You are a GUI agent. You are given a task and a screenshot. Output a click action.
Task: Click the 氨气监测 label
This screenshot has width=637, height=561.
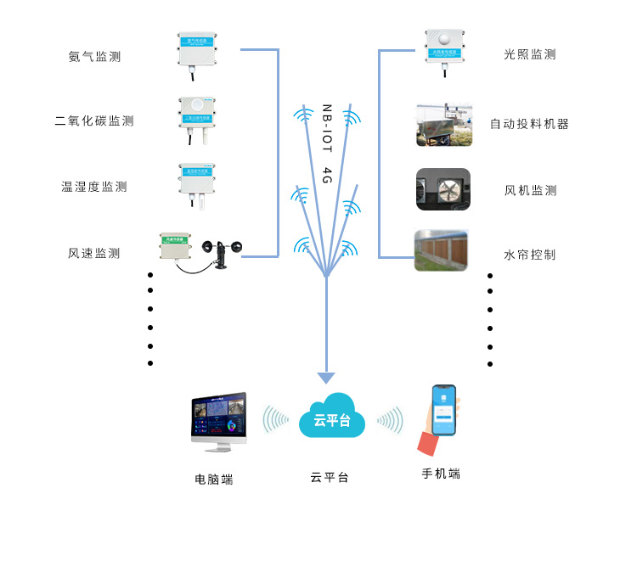(x=94, y=57)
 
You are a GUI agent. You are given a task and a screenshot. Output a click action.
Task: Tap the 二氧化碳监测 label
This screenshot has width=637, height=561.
(x=94, y=121)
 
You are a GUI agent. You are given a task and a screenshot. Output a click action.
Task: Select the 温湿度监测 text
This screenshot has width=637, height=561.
(x=94, y=187)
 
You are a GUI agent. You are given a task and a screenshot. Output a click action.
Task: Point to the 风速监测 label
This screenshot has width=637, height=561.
(x=94, y=253)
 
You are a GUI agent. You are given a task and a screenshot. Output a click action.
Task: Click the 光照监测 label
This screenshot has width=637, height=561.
(x=530, y=54)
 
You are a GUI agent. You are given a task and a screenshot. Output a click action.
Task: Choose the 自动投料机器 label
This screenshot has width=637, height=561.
(x=529, y=124)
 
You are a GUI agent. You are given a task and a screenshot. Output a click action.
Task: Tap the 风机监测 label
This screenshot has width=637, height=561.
(x=530, y=191)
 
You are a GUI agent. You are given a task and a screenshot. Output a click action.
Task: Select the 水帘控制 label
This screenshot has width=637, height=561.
(x=530, y=254)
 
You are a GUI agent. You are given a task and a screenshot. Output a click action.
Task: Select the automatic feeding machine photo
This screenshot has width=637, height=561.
(x=443, y=125)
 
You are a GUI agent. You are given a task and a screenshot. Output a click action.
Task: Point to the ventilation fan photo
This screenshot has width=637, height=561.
(x=443, y=189)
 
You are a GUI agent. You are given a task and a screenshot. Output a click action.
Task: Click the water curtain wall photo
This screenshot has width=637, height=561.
(x=442, y=250)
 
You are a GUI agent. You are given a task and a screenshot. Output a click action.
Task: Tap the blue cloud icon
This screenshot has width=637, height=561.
(x=331, y=418)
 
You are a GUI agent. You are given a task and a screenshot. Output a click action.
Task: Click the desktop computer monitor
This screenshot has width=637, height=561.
(x=219, y=418)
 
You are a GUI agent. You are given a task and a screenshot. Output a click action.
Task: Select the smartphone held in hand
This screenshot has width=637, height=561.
(x=443, y=410)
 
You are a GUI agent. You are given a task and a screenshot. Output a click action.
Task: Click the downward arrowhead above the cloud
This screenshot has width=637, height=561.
(x=326, y=378)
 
